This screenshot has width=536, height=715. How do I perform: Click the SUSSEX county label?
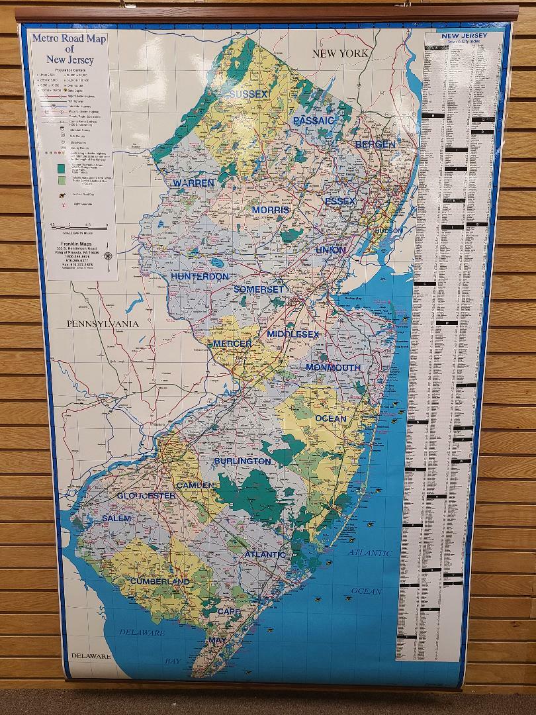[249, 95]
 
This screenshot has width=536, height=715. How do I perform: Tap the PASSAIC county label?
[314, 120]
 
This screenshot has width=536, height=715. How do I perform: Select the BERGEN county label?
[375, 144]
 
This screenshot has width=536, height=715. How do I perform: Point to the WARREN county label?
[194, 183]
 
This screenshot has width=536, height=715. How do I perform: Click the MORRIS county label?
[271, 210]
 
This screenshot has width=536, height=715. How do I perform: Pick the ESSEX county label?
[340, 201]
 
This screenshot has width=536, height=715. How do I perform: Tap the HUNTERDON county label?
[200, 276]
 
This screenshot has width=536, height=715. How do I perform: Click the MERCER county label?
[232, 344]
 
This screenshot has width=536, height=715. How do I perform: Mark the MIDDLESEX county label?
[293, 334]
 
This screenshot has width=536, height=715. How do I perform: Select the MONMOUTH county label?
[333, 367]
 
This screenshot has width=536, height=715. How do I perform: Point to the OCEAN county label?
[330, 418]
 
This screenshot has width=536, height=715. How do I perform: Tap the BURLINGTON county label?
[242, 461]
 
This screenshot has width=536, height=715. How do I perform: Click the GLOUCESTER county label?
[146, 495]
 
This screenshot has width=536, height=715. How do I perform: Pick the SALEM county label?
[116, 518]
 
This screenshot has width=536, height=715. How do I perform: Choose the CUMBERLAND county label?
[159, 581]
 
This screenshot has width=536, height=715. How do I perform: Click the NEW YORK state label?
[340, 53]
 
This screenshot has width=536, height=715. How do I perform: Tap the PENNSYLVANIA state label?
[102, 324]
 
